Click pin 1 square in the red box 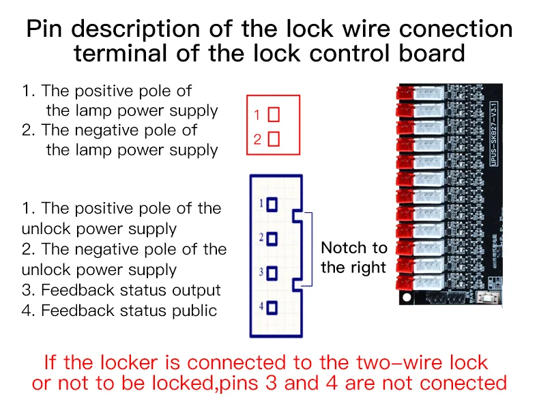tap(274, 115)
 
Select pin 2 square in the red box tap(274, 139)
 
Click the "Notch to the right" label tap(353, 257)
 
